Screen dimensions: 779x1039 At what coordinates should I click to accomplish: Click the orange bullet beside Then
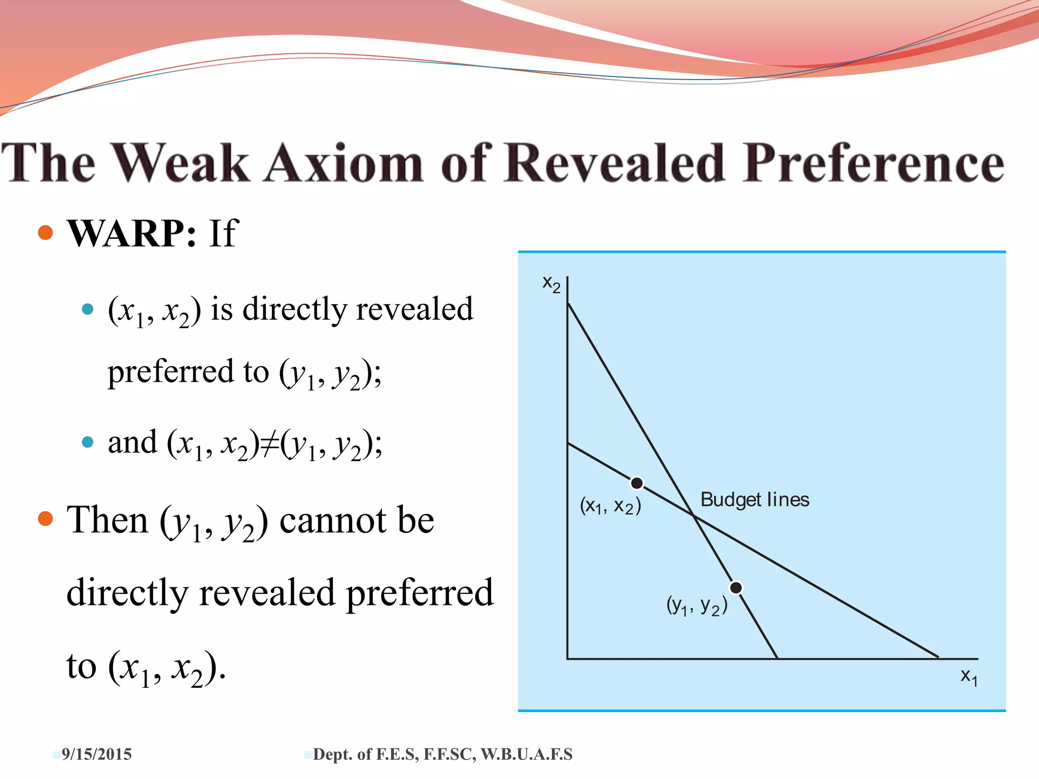[46, 518]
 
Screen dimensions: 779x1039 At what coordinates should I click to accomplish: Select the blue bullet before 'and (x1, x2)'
[88, 442]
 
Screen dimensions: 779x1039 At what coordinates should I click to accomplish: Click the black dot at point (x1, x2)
[637, 483]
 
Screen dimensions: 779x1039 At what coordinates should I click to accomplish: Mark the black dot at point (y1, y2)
[736, 587]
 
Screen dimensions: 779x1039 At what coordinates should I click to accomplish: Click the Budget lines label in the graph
[754, 500]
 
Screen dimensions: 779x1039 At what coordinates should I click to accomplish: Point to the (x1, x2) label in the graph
[610, 506]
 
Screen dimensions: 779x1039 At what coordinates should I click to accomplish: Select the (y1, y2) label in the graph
[697, 605]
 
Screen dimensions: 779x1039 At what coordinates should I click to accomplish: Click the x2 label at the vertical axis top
[551, 284]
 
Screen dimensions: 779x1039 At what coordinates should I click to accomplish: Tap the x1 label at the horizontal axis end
[968, 677]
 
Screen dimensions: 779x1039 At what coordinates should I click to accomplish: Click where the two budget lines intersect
[694, 516]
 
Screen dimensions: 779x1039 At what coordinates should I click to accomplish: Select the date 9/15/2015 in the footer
[96, 754]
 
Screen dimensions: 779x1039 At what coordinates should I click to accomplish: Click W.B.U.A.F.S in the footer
[526, 754]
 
